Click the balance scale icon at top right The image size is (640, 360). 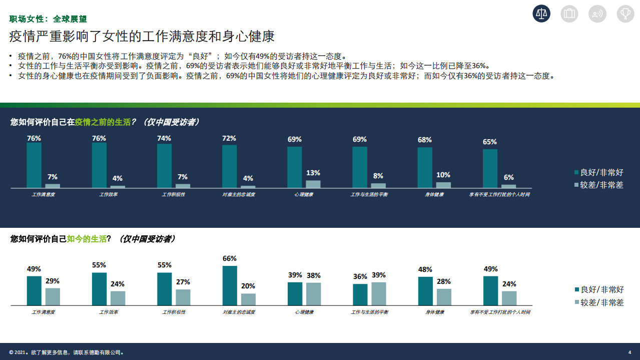541,14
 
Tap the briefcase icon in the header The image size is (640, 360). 569,14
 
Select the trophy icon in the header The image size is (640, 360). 625,14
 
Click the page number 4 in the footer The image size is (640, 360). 629,352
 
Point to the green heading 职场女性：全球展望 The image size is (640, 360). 48,19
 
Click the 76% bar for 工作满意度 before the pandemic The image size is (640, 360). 34,165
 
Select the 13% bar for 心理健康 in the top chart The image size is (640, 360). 313,184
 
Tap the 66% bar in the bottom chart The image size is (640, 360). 230,285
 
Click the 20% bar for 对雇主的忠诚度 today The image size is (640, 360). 248,299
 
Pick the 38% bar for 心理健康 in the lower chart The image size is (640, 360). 313,294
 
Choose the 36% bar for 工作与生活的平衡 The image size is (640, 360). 360,294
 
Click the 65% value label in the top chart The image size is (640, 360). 490,142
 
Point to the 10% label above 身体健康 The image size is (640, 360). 443,175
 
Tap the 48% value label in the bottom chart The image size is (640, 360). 425,269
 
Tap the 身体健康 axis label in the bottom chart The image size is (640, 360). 435,312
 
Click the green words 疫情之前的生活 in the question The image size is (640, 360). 103,122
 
